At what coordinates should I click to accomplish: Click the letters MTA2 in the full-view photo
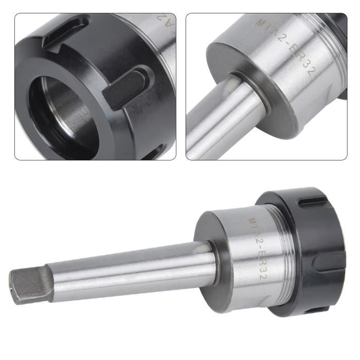click(x=254, y=227)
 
